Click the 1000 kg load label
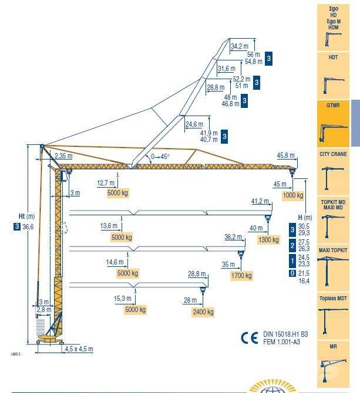[x=292, y=195]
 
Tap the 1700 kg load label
[x=240, y=275]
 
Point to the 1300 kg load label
[x=269, y=239]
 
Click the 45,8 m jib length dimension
[x=285, y=156]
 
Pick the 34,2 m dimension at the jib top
[x=239, y=46]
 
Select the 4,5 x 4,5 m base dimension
[x=79, y=349]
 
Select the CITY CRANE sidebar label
[x=332, y=154]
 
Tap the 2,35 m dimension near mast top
[x=63, y=156]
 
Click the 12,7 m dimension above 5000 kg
[x=106, y=182]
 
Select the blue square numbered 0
[x=292, y=273]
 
